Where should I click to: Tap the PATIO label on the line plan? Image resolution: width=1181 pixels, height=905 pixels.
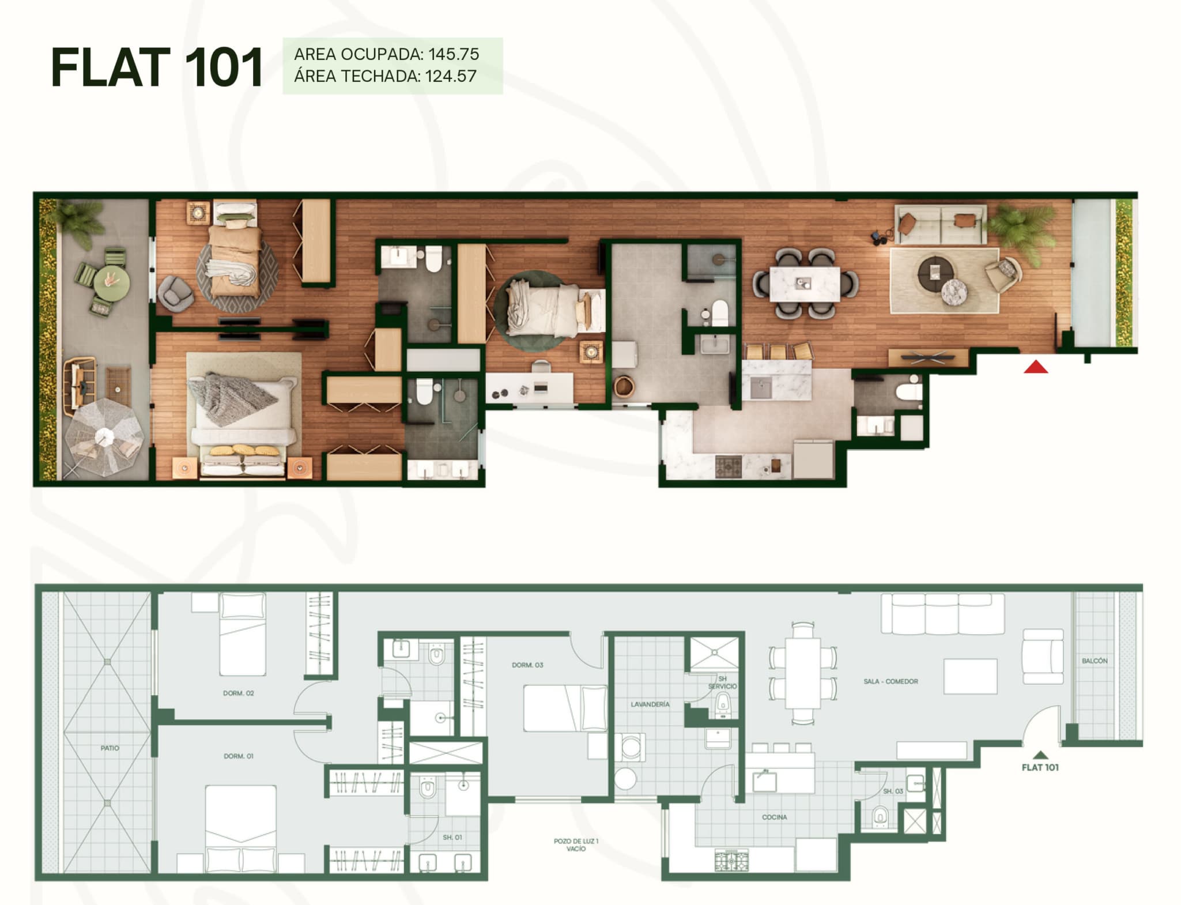110,748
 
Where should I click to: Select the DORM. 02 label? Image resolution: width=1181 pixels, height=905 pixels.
239,693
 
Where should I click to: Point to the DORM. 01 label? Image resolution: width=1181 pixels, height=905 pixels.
239,756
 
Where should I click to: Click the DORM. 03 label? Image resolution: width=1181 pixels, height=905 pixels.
527,665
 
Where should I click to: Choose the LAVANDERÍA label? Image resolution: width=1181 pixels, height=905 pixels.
650,704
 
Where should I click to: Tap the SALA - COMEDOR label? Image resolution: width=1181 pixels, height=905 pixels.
891,681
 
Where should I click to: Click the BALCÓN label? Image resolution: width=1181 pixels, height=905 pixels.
1095,661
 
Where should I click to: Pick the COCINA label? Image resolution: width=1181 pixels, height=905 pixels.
774,817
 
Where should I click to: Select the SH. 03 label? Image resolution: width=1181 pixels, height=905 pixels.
893,791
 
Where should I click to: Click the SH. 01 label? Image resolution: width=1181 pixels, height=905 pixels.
452,837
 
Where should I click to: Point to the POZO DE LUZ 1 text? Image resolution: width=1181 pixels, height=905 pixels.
576,841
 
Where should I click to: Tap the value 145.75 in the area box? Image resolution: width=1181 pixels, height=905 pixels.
454,54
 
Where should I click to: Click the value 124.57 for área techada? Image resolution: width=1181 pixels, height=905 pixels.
451,76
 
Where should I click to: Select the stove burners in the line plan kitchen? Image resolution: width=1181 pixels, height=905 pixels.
731,859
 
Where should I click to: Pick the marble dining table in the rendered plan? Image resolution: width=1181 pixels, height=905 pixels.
805,283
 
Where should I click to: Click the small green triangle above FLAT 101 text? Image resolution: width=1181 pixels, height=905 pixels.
1040,755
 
